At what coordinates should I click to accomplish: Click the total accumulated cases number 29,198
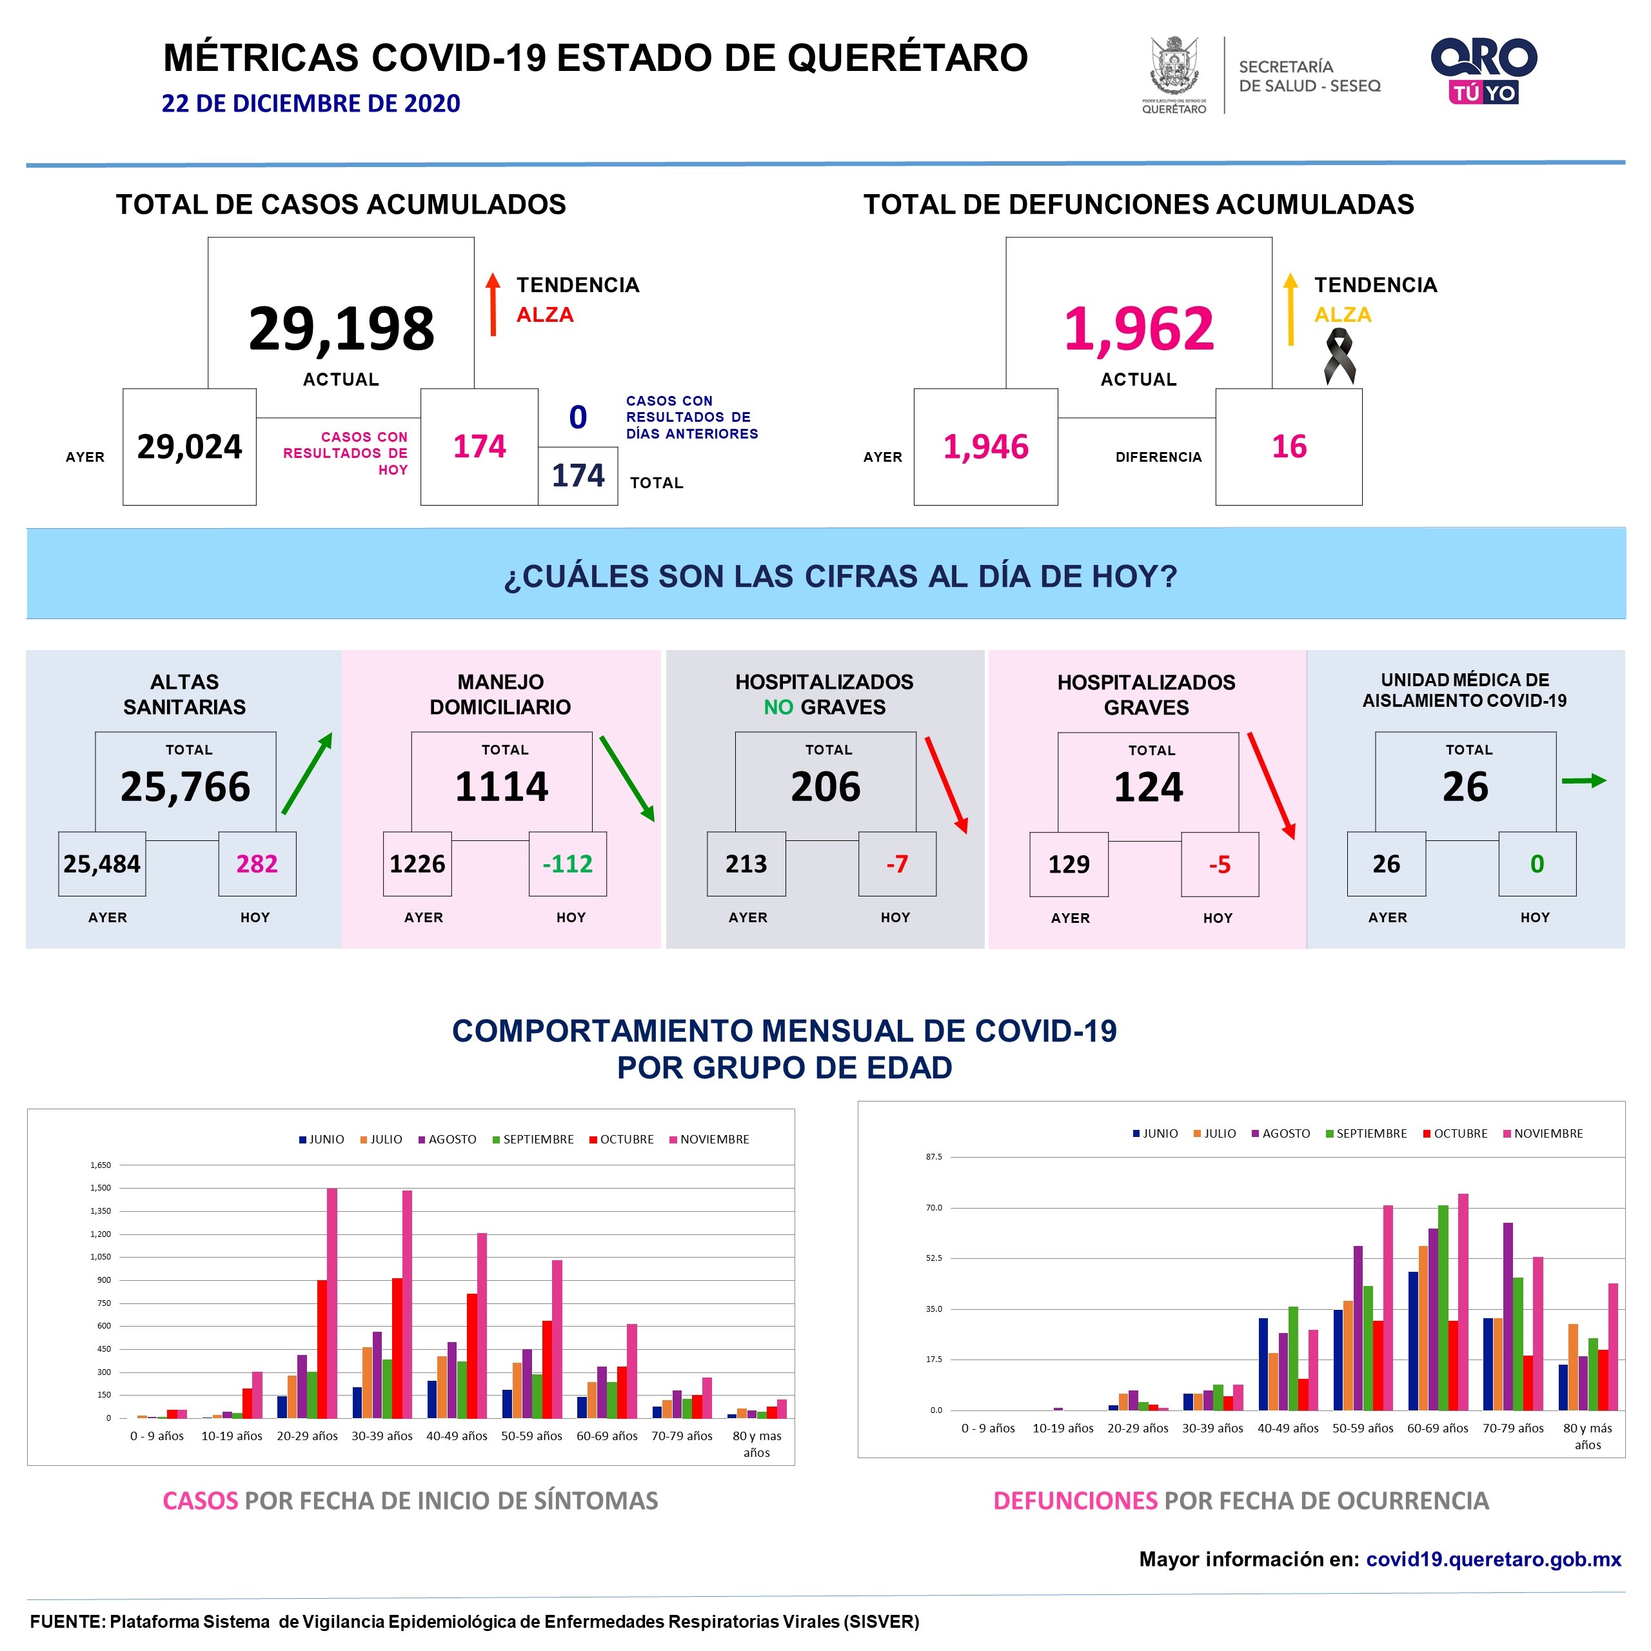click(x=341, y=329)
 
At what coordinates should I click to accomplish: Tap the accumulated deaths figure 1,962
click(x=1138, y=329)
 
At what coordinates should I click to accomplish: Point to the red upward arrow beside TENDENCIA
click(x=493, y=304)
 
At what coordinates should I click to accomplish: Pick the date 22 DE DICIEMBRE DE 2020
click(x=311, y=103)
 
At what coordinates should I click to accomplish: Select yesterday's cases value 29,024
click(x=190, y=447)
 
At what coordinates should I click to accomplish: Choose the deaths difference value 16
click(x=1289, y=447)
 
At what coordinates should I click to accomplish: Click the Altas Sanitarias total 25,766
click(x=186, y=787)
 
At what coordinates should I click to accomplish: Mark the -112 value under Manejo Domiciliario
click(x=568, y=864)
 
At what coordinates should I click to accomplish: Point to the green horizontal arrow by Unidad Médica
click(x=1583, y=780)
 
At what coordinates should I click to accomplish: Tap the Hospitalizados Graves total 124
click(x=1148, y=787)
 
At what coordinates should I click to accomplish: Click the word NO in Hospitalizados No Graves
click(x=778, y=707)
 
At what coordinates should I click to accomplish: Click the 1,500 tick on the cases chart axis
click(x=101, y=1188)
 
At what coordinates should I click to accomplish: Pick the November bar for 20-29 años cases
click(x=332, y=1303)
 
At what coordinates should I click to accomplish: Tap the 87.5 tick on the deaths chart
click(x=934, y=1157)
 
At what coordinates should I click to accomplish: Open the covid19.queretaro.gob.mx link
click(x=1493, y=1559)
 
